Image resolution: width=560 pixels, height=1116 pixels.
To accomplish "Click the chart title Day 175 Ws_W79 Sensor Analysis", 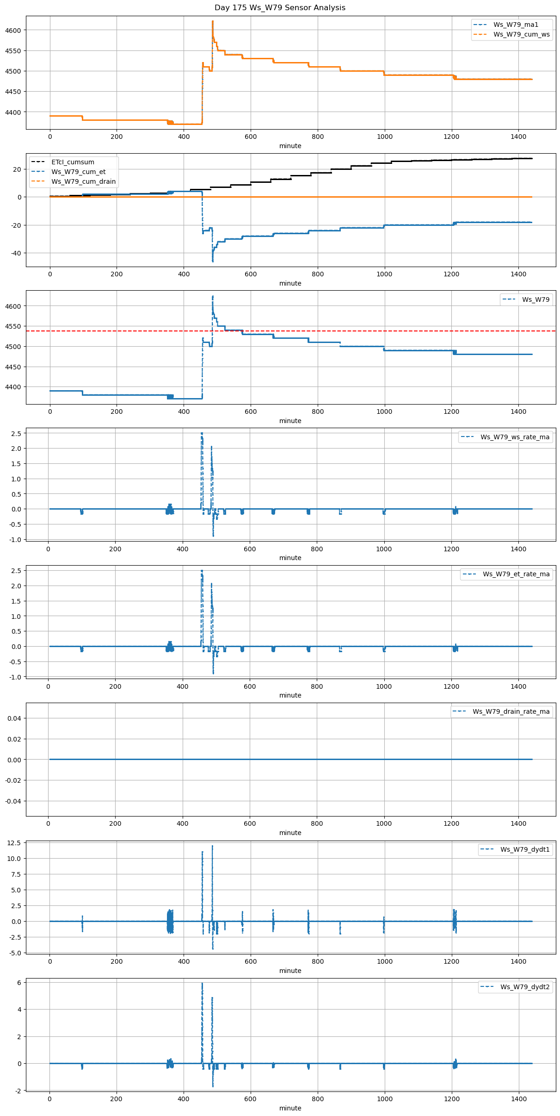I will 280,8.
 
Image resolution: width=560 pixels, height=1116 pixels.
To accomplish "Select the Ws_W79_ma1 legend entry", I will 516,25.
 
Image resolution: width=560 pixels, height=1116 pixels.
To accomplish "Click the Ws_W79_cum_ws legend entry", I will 521,34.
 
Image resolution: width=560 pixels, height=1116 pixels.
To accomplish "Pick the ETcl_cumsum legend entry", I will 73,162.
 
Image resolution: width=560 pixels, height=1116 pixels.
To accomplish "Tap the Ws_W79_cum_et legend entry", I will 78,172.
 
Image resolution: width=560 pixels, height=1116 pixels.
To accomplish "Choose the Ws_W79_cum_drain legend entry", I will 83,181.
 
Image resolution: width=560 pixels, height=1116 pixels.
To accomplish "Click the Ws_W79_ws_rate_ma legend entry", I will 515,437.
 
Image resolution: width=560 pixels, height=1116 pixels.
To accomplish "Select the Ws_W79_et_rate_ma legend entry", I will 516,574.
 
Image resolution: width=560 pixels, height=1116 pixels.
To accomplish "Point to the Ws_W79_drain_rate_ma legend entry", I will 511,711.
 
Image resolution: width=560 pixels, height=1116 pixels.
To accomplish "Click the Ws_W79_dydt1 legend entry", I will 525,849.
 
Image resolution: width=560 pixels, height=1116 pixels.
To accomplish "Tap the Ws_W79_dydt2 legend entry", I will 525,987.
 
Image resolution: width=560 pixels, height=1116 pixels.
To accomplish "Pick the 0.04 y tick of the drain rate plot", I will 14,718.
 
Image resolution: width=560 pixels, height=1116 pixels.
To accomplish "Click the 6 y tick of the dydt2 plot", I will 19,982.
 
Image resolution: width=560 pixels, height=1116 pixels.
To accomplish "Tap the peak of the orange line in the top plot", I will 212,21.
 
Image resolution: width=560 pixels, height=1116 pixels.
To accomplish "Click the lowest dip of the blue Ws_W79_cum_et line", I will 213,262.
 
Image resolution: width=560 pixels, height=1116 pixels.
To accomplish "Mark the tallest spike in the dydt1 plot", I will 212,846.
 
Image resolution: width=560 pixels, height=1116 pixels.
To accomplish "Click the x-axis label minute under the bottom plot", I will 290,1108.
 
